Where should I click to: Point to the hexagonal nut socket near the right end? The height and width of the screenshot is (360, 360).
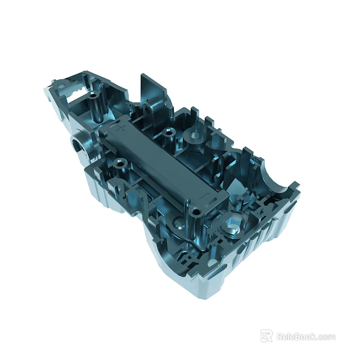click(232, 227)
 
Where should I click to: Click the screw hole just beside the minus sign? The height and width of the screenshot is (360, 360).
click(195, 211)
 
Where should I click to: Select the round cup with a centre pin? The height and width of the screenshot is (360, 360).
click(195, 136)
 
